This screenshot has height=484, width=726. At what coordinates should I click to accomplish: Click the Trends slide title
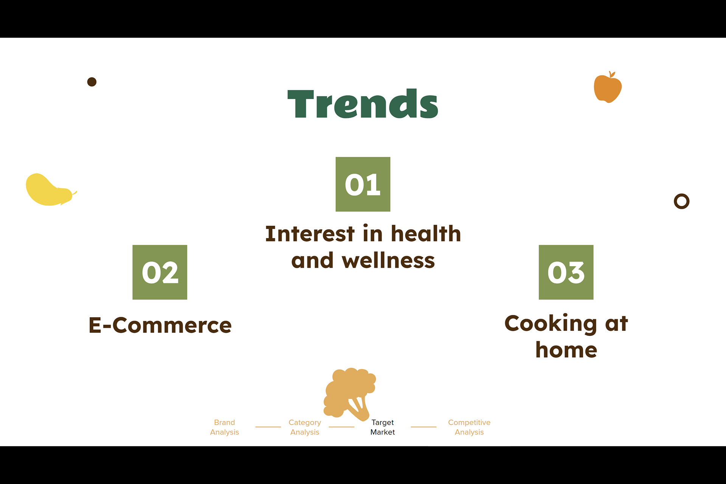363,104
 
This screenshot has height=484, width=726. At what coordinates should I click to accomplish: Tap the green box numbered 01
363,184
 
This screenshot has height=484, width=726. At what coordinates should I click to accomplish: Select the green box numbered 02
160,272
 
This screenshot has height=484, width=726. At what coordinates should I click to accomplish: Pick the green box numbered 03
566,272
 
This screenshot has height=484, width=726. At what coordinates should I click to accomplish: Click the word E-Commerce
160,325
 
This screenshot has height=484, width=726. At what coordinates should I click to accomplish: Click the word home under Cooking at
566,350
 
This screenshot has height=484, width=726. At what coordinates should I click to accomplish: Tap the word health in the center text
426,233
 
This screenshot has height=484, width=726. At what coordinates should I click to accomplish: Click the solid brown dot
92,82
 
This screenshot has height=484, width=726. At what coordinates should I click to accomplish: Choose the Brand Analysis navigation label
225,427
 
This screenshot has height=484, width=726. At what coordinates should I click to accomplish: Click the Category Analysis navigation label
305,427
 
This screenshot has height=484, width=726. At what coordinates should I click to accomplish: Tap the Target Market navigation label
383,427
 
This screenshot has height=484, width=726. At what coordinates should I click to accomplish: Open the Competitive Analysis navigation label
469,427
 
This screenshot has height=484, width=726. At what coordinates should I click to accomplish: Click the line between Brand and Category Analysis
268,427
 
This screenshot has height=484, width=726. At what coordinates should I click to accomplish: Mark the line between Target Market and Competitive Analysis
423,427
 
